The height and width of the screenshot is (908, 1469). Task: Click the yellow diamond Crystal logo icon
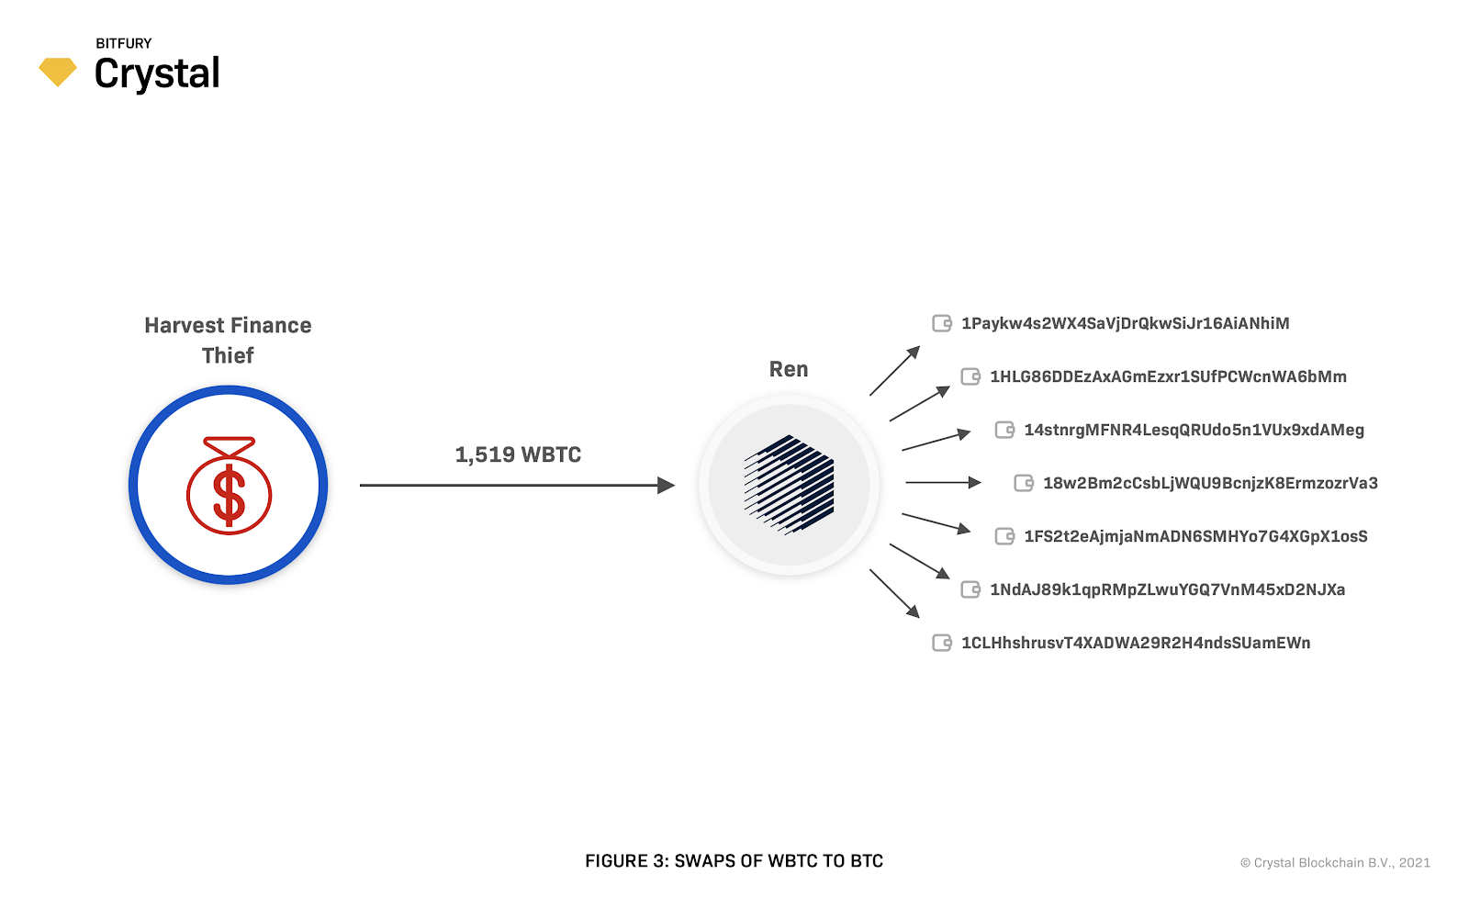point(57,72)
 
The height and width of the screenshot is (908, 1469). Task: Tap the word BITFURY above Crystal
point(124,43)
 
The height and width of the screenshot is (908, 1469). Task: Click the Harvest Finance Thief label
point(228,340)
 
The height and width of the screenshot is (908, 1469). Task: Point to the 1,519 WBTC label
point(518,454)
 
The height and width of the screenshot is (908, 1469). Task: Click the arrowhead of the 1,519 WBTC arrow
point(667,485)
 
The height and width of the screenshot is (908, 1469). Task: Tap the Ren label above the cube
point(789,369)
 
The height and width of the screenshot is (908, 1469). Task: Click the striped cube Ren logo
point(789,485)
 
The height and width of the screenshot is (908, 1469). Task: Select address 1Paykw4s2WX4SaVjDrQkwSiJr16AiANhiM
point(1125,323)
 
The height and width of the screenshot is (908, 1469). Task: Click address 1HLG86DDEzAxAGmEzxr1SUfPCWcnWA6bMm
point(1168,376)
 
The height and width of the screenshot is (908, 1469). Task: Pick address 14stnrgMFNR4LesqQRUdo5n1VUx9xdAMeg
point(1194,430)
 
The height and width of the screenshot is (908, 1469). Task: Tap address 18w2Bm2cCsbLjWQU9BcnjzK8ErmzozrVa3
point(1210,483)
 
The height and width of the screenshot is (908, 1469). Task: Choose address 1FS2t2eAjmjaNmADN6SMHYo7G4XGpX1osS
point(1195,536)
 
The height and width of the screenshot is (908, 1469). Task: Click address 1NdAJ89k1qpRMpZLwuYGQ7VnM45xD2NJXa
point(1167,589)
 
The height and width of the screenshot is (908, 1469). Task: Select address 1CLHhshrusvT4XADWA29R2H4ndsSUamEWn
point(1136,643)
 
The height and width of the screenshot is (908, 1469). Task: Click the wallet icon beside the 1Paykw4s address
point(942,323)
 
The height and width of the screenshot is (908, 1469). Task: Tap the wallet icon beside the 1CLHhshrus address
point(942,643)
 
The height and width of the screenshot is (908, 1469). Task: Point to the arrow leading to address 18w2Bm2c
point(943,482)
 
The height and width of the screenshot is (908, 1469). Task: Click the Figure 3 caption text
point(734,861)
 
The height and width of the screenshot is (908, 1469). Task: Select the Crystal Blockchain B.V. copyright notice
point(1335,863)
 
